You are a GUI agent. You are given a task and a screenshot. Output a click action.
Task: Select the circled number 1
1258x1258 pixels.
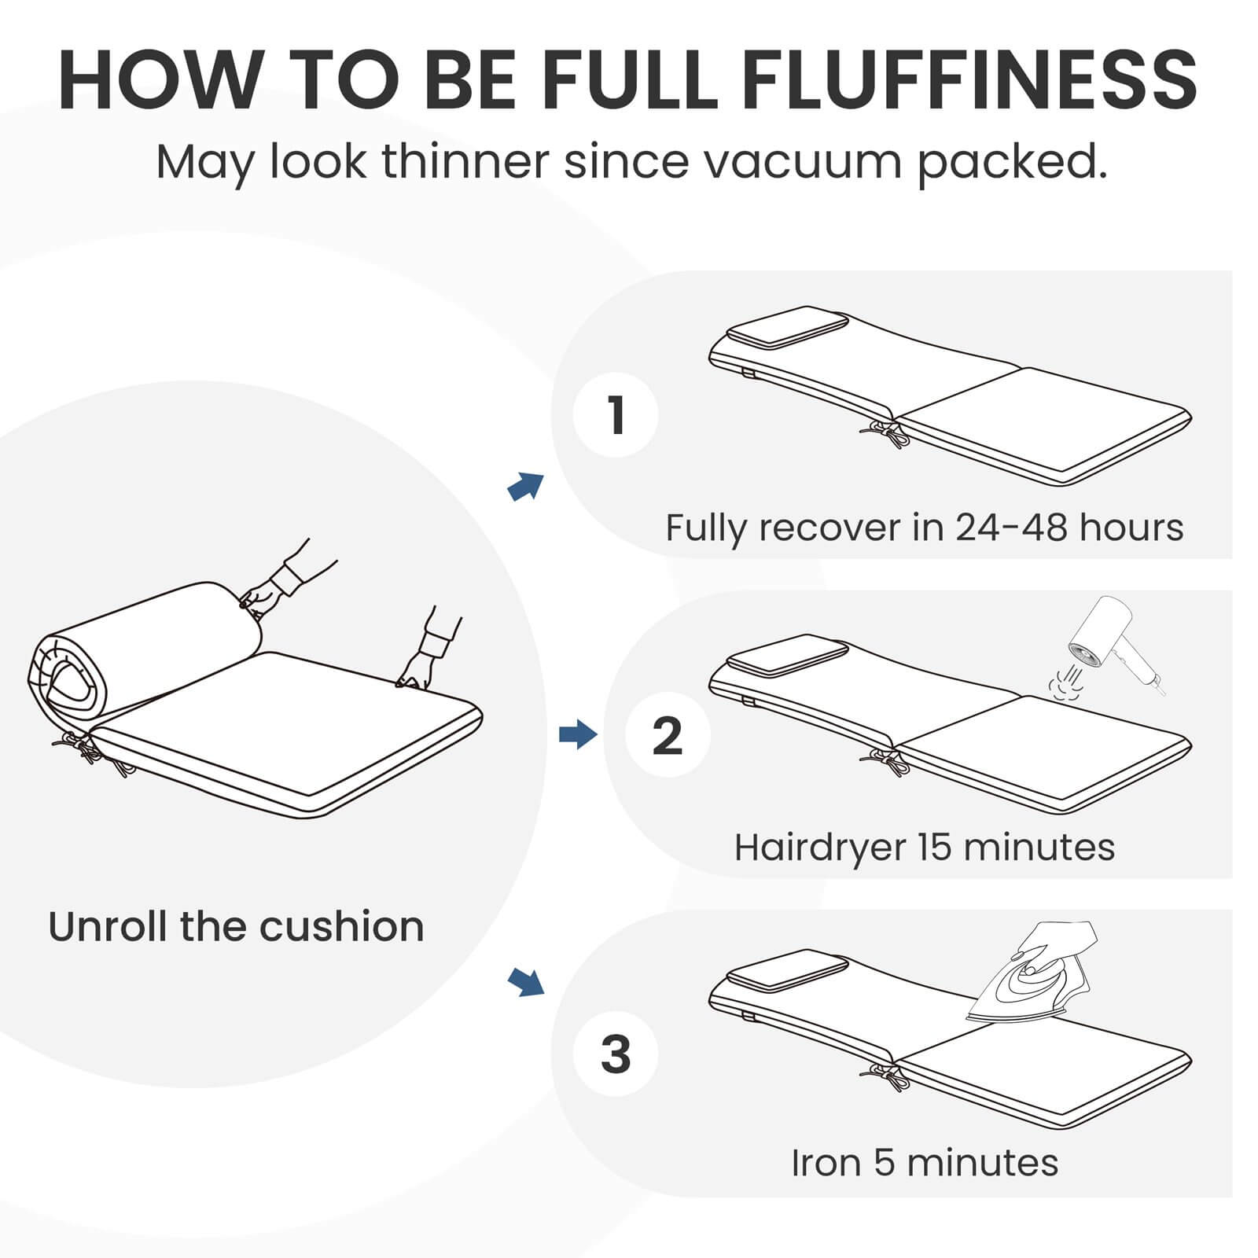pyautogui.click(x=616, y=414)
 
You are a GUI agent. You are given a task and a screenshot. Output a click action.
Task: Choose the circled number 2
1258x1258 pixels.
pyautogui.click(x=668, y=735)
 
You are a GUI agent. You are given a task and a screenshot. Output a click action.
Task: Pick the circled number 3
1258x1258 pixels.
pyautogui.click(x=616, y=1055)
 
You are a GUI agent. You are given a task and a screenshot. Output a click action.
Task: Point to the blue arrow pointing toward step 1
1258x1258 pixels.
pyautogui.click(x=525, y=486)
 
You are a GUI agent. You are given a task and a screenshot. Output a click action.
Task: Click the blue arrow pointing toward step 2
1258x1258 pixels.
pyautogui.click(x=578, y=735)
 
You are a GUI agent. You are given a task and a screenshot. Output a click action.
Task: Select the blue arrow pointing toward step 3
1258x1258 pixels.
pyautogui.click(x=525, y=981)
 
